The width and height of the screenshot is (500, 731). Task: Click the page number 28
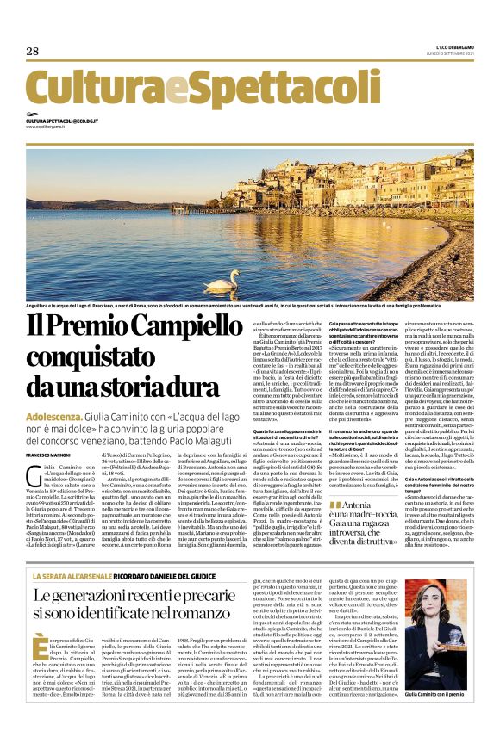pos(33,51)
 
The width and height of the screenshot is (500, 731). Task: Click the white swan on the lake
pos(222,282)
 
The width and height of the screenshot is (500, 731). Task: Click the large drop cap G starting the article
pos(32,472)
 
